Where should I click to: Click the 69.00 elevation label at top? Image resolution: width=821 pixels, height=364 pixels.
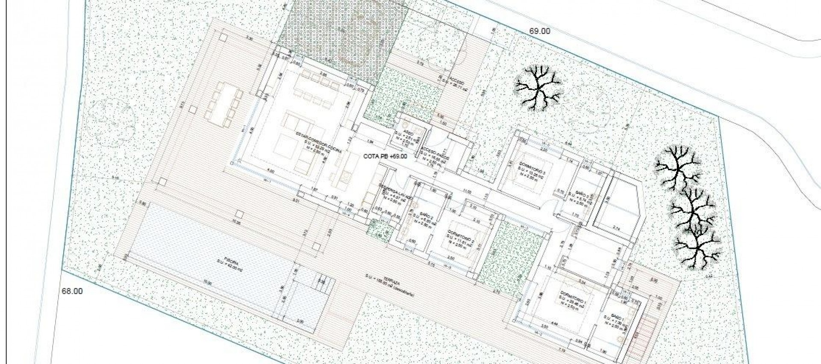click(540, 31)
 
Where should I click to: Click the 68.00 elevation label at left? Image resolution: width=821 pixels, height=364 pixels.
click(72, 291)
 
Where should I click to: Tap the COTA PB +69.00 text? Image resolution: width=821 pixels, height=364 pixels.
click(385, 156)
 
